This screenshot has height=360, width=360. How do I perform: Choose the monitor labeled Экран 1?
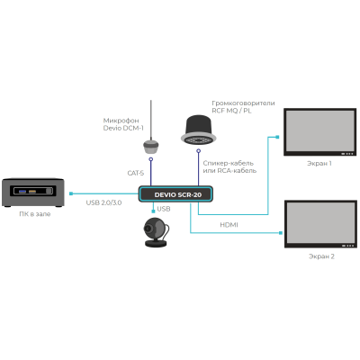319,131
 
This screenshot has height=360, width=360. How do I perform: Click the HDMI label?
228,224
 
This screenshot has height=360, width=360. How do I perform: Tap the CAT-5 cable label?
135,173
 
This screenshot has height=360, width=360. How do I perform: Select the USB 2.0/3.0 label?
104,202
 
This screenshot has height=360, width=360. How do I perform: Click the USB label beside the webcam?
163,209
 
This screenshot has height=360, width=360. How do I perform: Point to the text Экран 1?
319,163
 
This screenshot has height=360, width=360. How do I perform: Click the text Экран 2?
319,256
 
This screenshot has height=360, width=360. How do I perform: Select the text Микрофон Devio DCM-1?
125,123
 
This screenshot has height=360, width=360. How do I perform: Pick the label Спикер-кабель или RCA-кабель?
230,166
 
